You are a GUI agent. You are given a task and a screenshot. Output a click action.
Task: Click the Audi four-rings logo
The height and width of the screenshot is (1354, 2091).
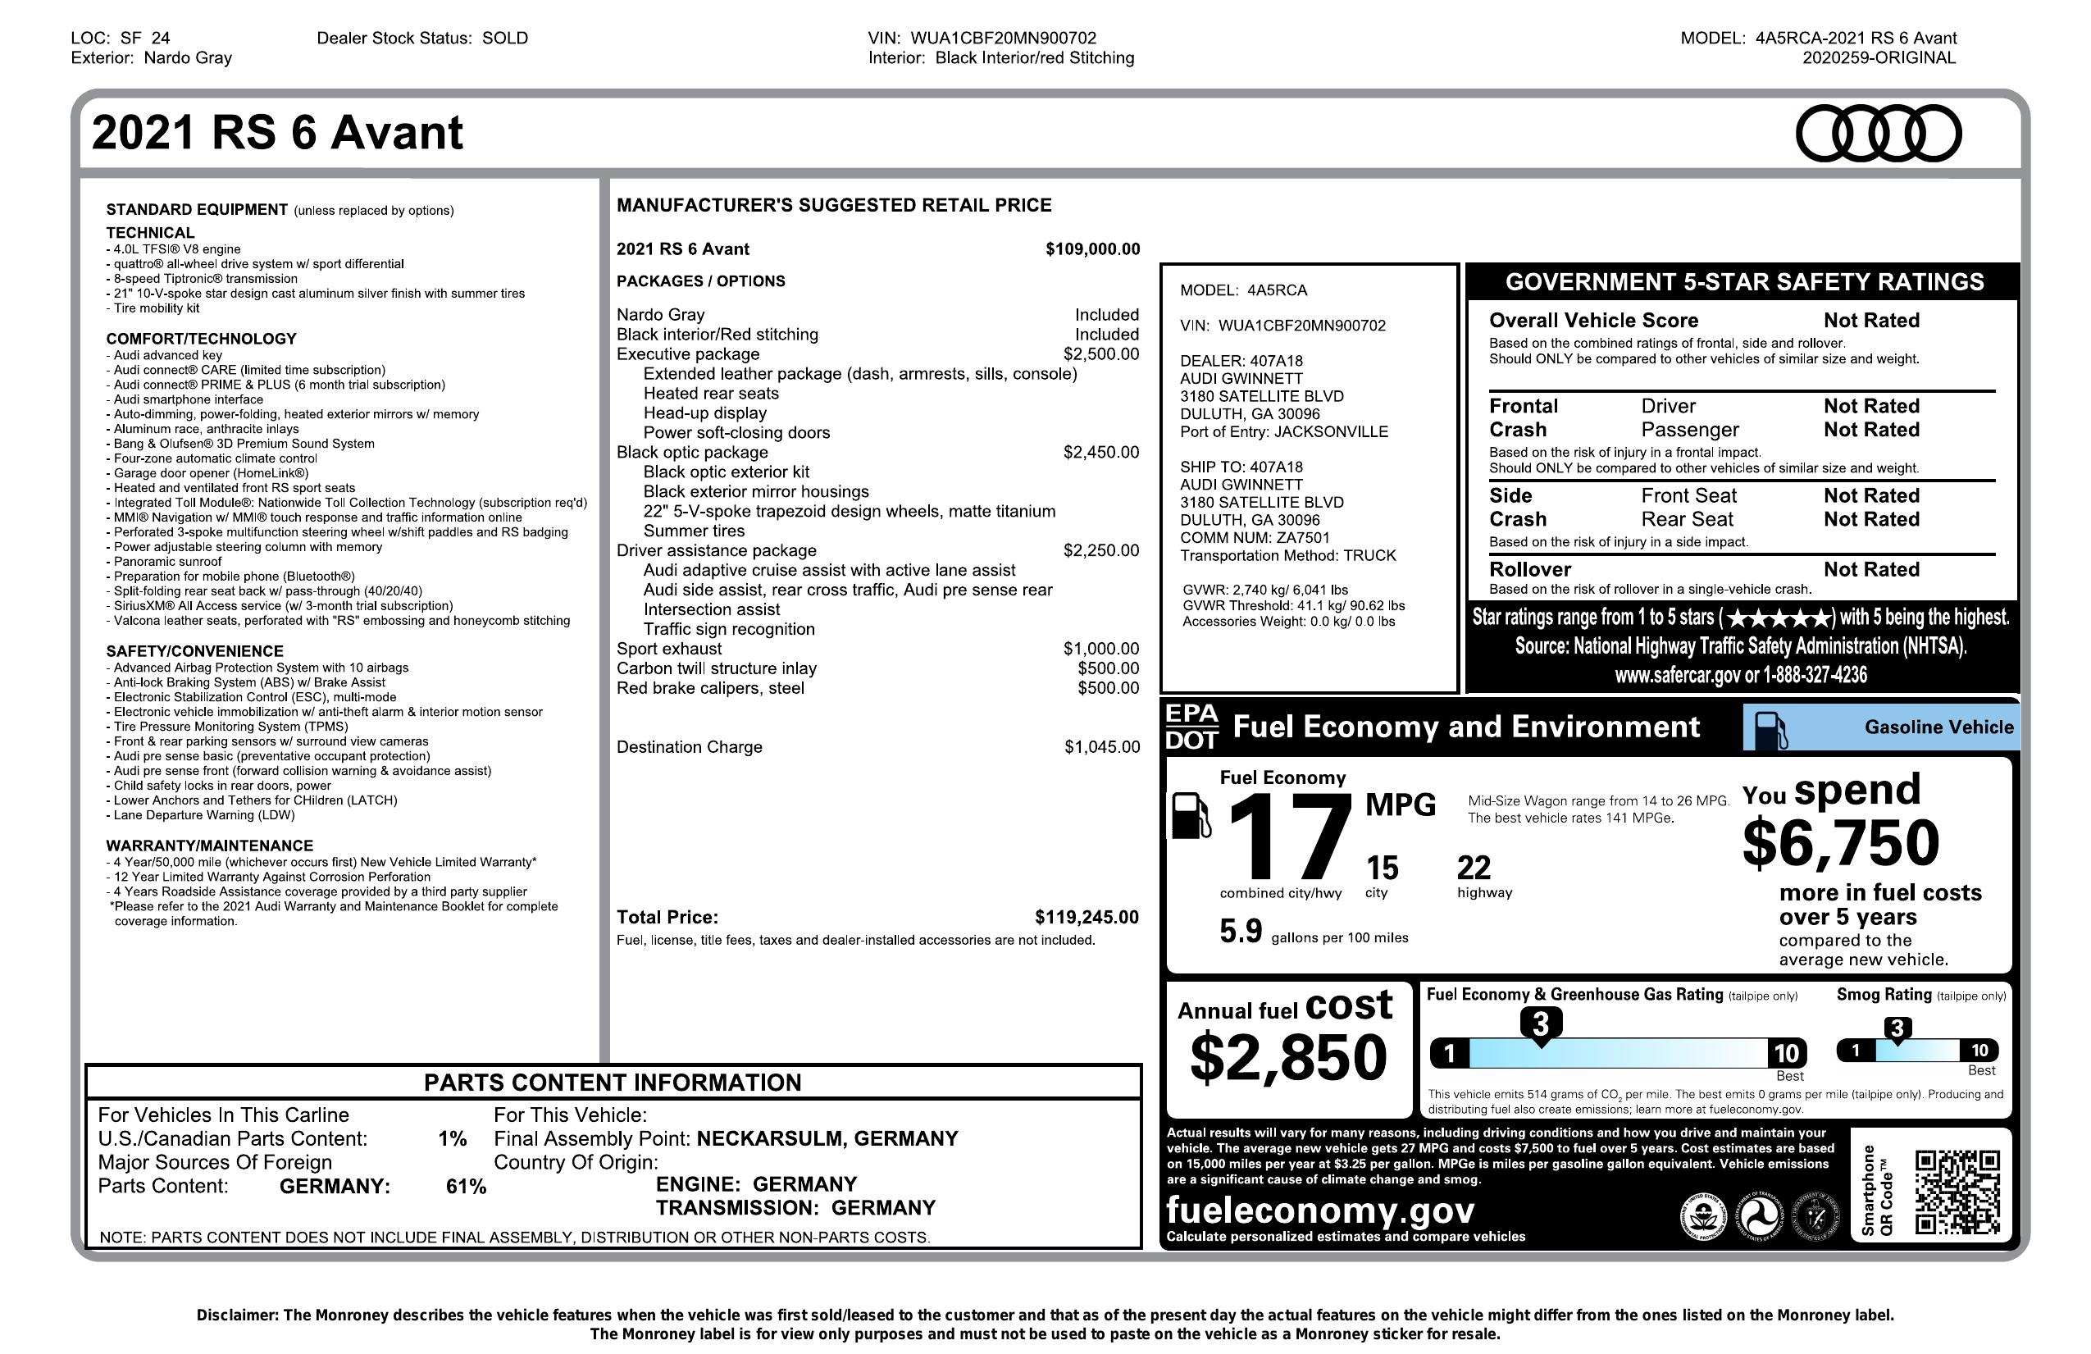[x=1878, y=134]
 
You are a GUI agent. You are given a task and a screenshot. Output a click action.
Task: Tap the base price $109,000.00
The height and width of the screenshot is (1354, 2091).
[x=1092, y=249]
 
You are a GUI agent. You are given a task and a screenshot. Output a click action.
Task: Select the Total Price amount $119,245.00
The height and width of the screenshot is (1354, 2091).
[x=1086, y=918]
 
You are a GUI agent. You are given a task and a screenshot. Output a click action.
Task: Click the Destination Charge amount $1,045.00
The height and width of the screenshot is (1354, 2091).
[x=1102, y=747]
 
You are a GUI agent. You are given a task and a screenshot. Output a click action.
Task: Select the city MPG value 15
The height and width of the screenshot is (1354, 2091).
[x=1382, y=868]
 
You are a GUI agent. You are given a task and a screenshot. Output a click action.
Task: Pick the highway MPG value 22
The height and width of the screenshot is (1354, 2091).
[x=1474, y=868]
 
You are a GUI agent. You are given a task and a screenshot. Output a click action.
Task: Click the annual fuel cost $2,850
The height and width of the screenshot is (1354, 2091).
[x=1288, y=1057]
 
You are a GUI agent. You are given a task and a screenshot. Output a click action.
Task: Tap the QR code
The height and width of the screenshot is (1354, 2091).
[x=1957, y=1192]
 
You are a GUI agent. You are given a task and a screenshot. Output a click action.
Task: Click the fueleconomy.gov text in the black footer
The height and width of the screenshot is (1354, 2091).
[x=1319, y=1210]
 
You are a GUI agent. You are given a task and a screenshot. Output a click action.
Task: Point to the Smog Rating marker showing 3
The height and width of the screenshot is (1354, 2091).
[x=1897, y=1028]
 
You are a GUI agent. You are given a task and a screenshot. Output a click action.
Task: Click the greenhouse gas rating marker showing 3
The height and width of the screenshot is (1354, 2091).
[x=1540, y=1023]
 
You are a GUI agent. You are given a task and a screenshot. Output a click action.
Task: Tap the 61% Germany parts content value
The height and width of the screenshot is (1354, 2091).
[x=466, y=1187]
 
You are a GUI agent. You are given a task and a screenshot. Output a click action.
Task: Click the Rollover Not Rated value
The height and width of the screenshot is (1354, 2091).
[x=1870, y=569]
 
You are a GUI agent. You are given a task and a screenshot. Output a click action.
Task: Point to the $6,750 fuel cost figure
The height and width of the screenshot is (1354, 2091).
[x=1841, y=842]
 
